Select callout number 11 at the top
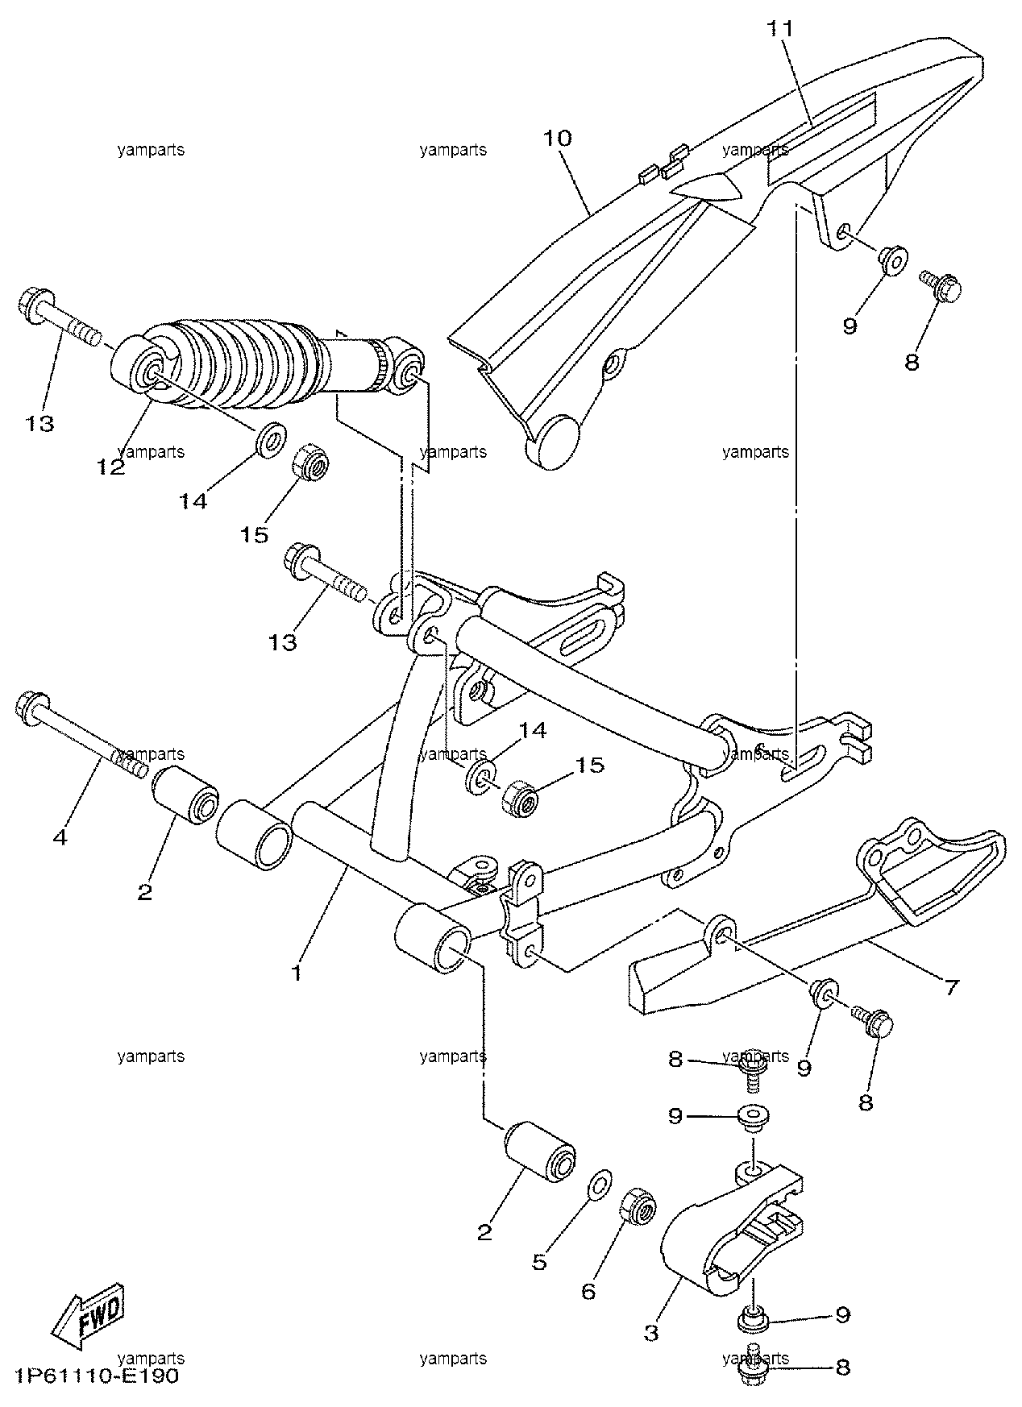[x=779, y=29]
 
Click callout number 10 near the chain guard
[x=557, y=138]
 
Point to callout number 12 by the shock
[x=111, y=467]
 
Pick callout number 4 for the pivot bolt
[x=60, y=837]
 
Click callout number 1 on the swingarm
[x=297, y=973]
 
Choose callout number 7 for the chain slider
[x=952, y=986]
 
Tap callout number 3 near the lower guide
[x=651, y=1333]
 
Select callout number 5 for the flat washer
[x=539, y=1261]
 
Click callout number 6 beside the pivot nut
[x=588, y=1292]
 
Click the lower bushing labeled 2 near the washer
[x=539, y=1152]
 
